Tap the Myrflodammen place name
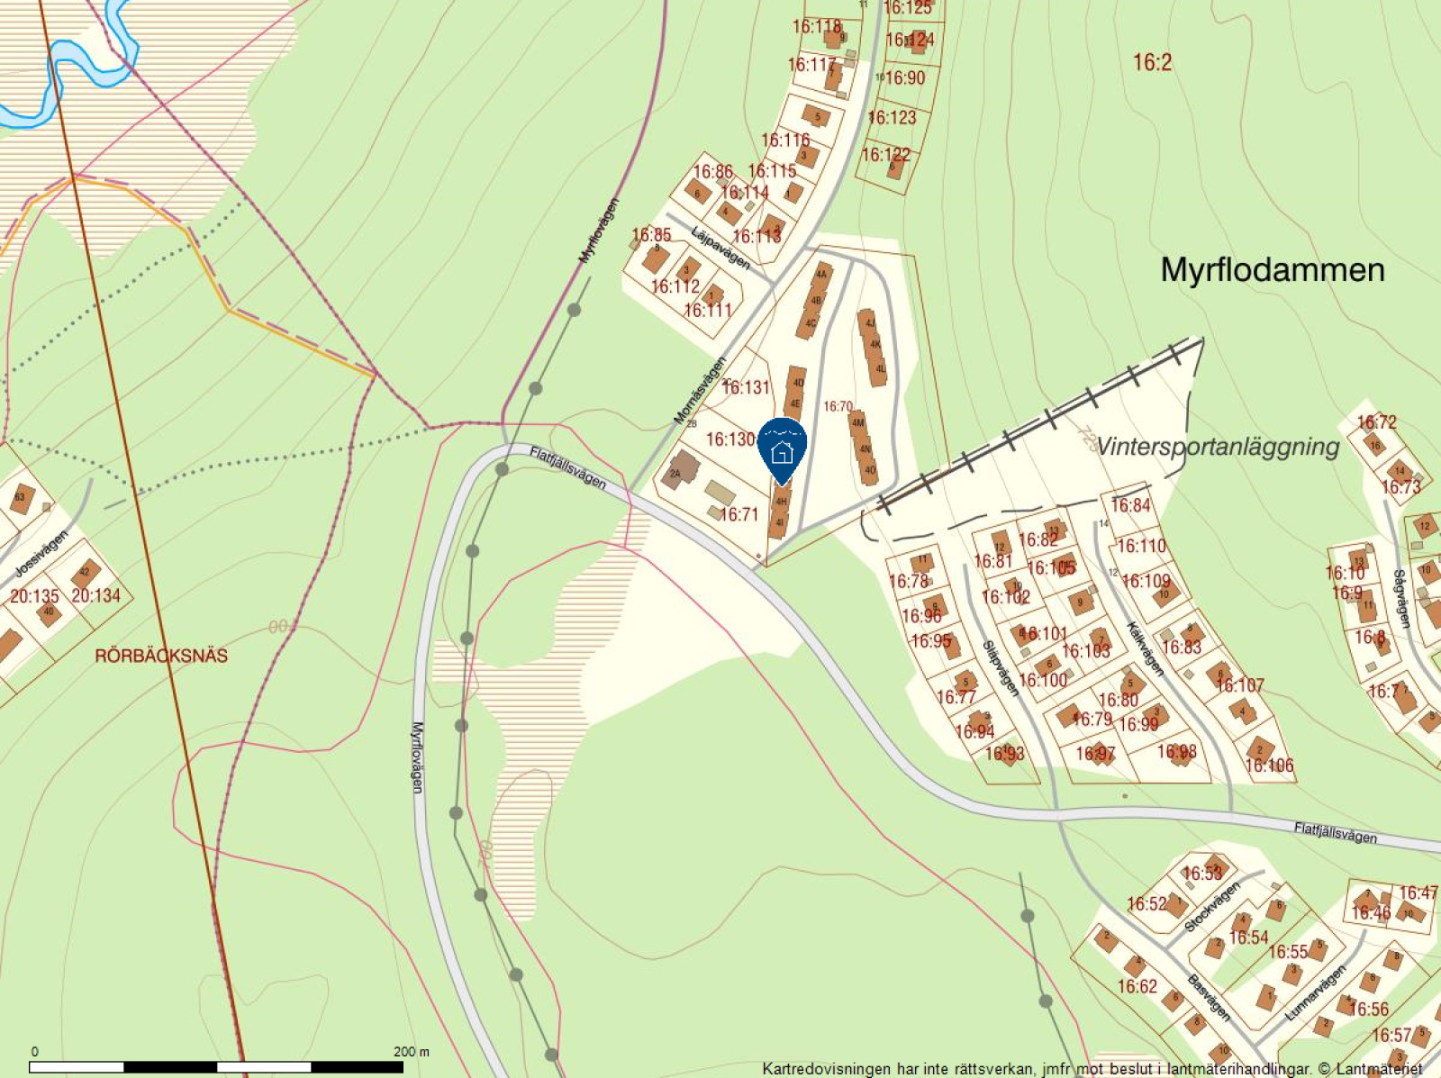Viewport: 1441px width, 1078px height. click(x=1272, y=270)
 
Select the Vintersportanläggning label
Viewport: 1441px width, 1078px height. click(x=1218, y=447)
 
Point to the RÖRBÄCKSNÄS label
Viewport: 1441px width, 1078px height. click(x=161, y=656)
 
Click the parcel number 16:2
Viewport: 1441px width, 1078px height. click(x=1152, y=62)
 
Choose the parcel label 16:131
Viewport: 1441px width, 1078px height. click(x=747, y=387)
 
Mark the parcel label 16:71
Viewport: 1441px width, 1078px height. click(x=739, y=514)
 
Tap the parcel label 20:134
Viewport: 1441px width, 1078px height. click(x=95, y=596)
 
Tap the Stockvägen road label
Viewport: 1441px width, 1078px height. click(x=1212, y=907)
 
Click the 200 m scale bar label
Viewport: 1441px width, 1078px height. click(x=412, y=1051)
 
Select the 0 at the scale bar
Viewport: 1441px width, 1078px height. click(x=35, y=1051)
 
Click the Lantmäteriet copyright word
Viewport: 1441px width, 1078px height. click(x=1379, y=1069)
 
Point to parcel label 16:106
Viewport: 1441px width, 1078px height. click(x=1269, y=765)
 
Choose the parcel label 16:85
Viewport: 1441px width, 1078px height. click(x=651, y=235)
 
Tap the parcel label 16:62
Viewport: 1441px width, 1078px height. click(x=1137, y=986)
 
